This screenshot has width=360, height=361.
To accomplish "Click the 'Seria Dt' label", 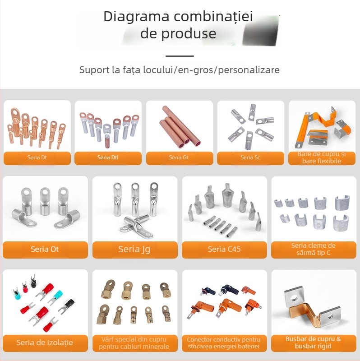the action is (x=37, y=157).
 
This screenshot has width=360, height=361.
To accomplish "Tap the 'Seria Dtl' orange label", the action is (x=108, y=157).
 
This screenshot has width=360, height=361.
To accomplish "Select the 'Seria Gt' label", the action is (x=179, y=157).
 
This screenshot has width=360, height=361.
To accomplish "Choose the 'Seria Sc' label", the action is (x=250, y=157).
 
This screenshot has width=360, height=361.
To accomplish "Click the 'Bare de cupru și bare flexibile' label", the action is (x=322, y=157).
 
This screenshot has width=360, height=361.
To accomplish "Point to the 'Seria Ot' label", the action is (x=45, y=249).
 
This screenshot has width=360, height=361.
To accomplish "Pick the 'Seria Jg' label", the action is (x=134, y=249).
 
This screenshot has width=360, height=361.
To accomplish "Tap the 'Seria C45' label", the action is (x=224, y=249).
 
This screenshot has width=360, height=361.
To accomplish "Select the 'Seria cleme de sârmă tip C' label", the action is (x=313, y=249).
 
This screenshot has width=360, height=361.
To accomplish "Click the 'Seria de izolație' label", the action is (x=45, y=342).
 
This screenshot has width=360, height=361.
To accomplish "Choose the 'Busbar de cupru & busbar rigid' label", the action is (x=313, y=342).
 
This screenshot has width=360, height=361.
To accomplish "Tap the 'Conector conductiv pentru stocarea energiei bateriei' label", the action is (x=224, y=343).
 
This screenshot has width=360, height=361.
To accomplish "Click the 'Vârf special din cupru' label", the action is (x=134, y=339).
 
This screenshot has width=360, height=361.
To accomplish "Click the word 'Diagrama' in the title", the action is (x=136, y=17).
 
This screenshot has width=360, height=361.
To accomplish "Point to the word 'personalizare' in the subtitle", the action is (x=249, y=70).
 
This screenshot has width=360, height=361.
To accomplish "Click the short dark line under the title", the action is (x=180, y=56).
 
